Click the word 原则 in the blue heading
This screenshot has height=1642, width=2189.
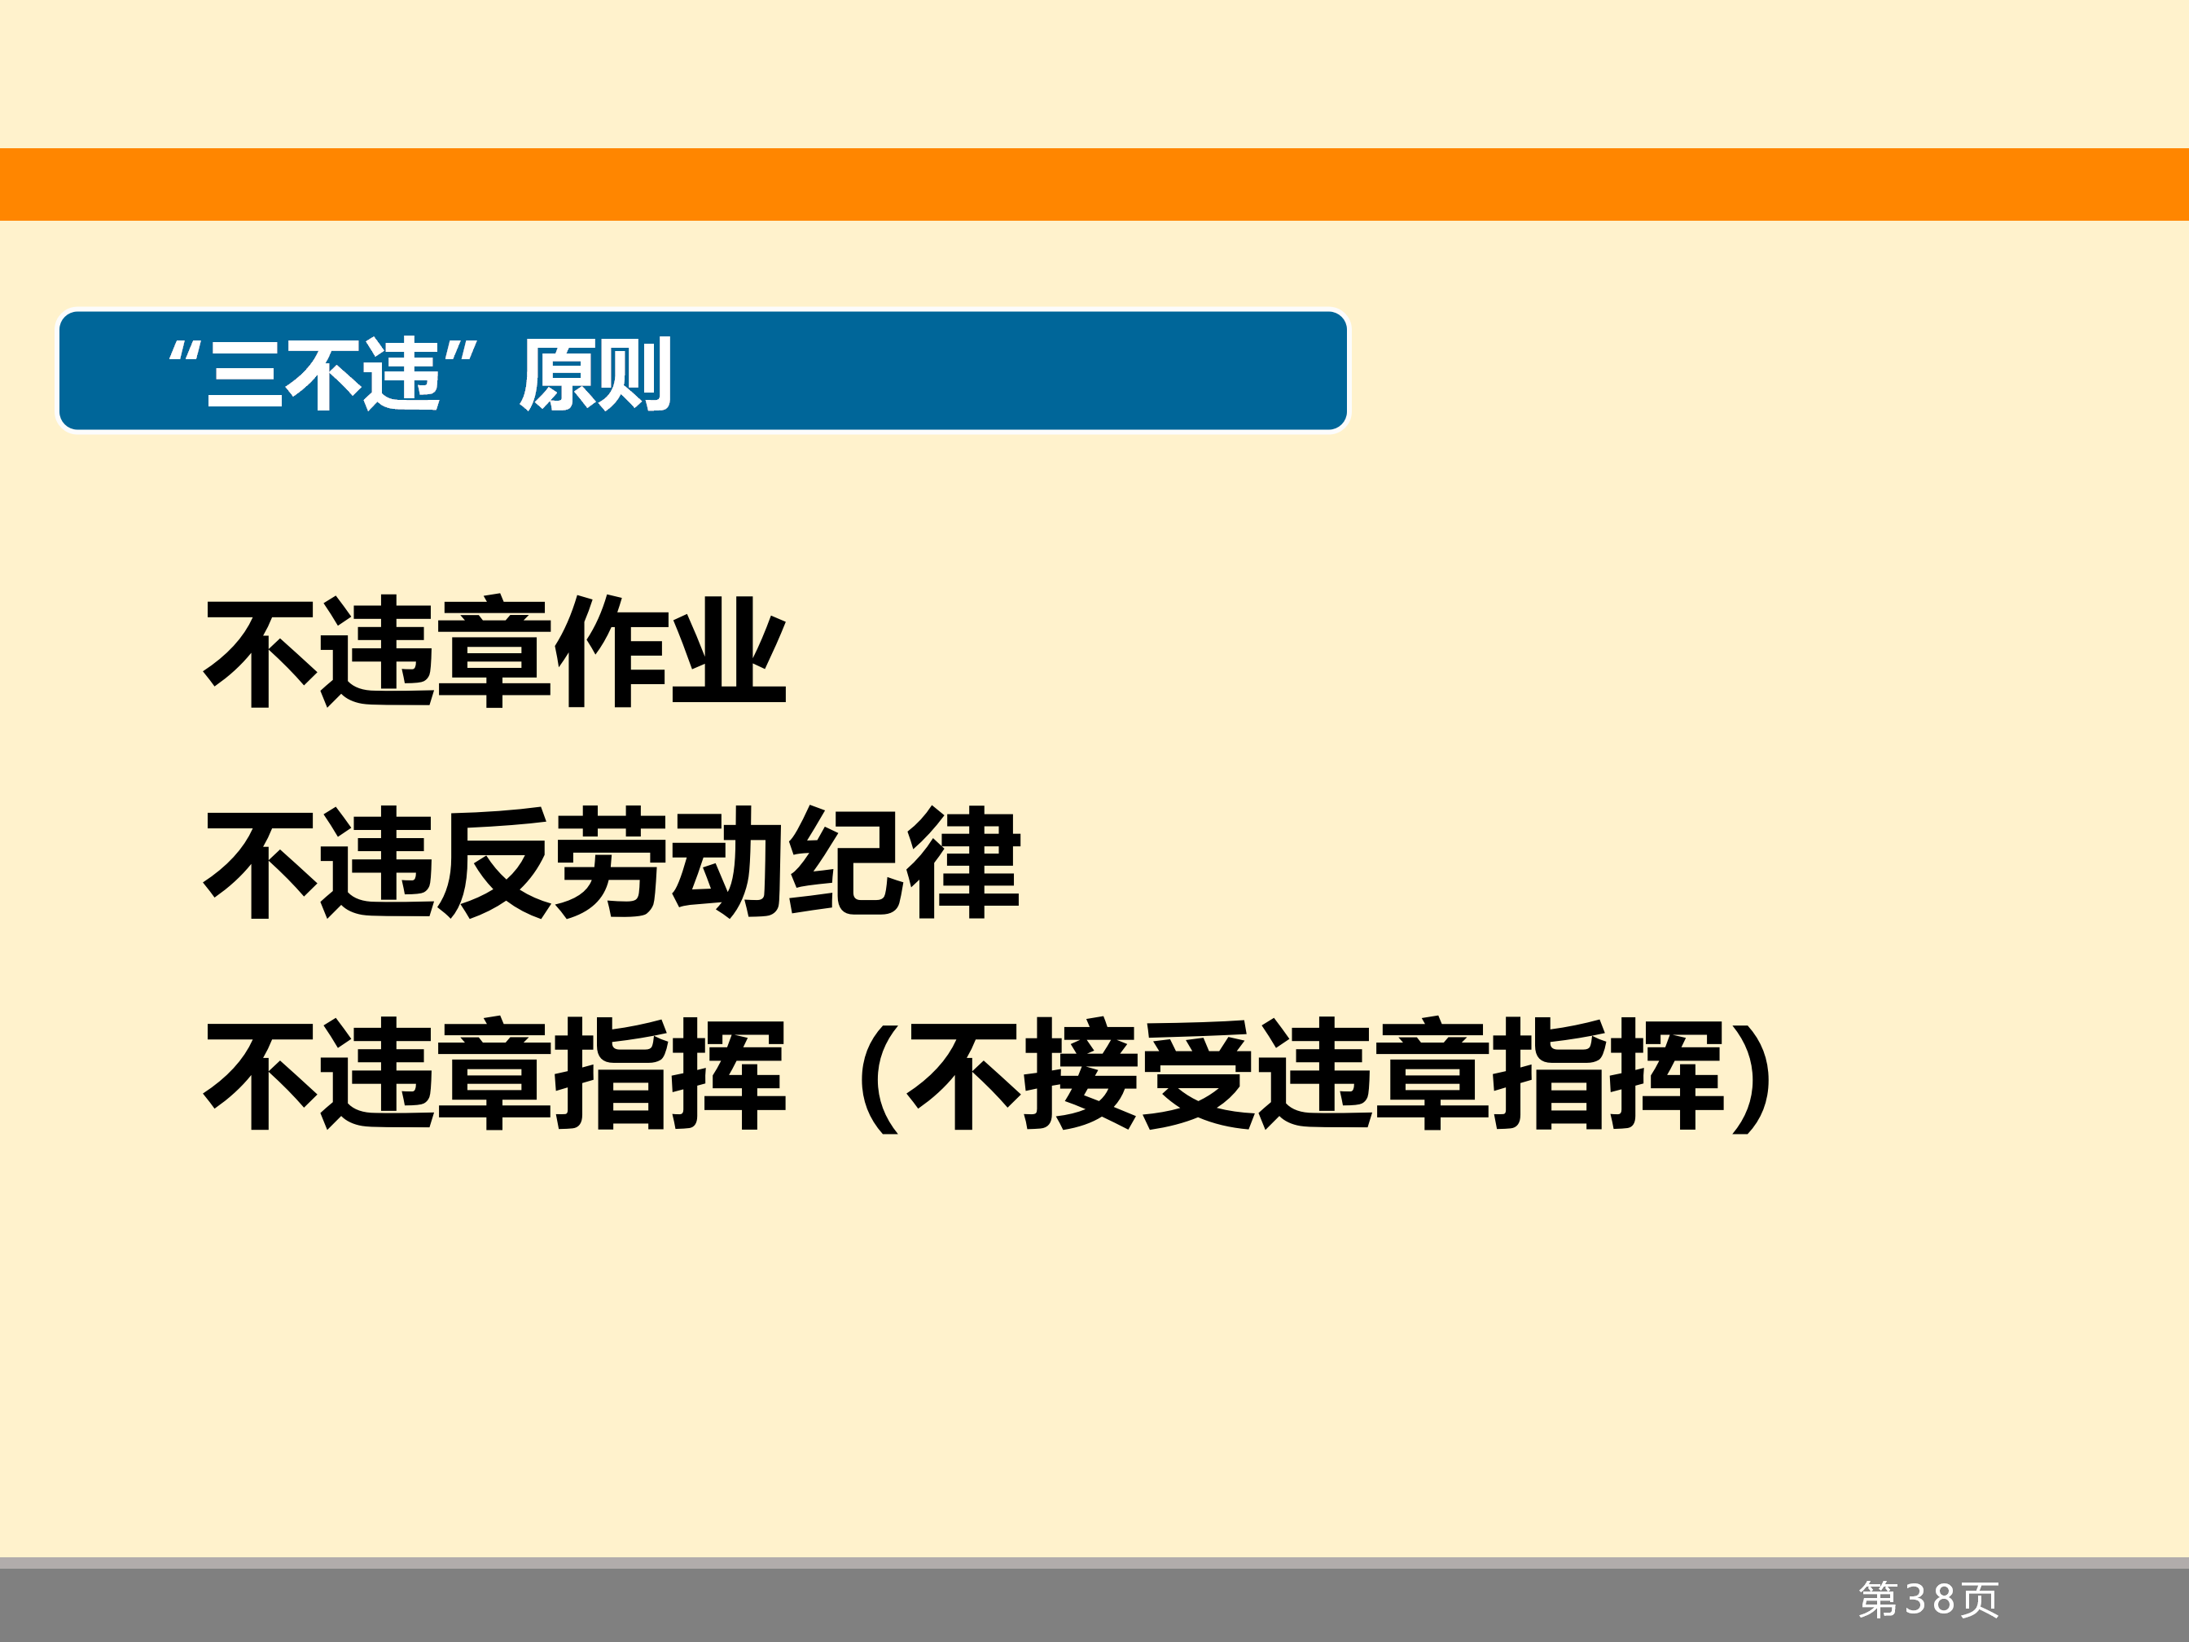596,374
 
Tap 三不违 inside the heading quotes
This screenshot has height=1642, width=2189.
323,373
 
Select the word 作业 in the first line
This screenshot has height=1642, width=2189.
671,652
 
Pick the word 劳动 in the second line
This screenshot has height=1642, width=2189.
669,862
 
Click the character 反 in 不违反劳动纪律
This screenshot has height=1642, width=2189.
494,862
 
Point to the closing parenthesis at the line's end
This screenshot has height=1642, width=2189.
1753,1077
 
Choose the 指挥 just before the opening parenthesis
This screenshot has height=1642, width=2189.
671,1073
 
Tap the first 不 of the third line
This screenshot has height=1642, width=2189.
261,1073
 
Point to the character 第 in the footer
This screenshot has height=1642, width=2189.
1878,1600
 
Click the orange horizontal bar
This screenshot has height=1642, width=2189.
1094,184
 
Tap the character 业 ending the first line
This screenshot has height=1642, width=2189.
730,652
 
